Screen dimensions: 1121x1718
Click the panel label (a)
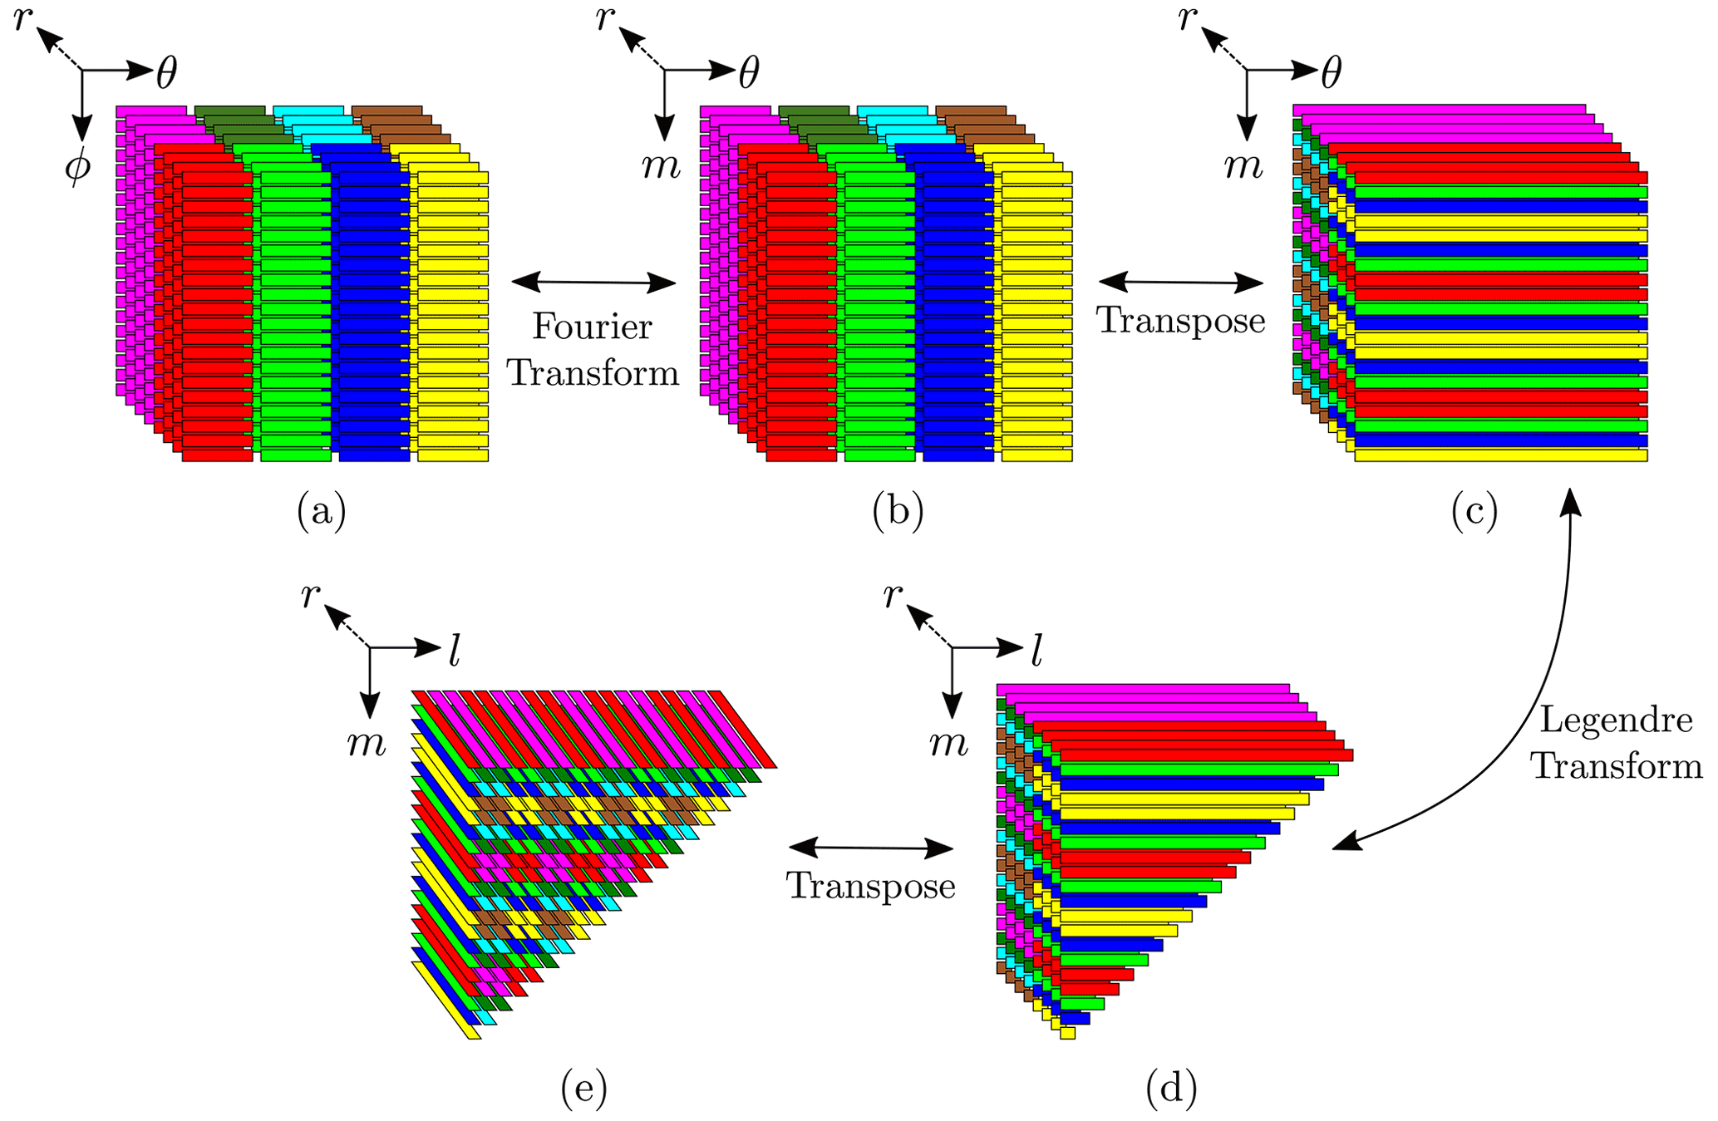pos(321,511)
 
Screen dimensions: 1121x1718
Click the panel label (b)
pos(898,511)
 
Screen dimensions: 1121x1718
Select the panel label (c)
pos(1474,511)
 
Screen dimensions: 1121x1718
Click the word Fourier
pos(592,327)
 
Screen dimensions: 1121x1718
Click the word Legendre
pos(1616,720)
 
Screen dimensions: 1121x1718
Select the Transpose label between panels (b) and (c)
pos(1180,321)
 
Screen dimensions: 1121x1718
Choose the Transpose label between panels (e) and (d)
pos(870,886)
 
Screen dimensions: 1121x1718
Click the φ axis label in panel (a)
pos(77,166)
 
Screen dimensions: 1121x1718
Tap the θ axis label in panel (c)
pos(1331,73)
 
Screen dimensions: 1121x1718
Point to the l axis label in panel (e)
pos(454,652)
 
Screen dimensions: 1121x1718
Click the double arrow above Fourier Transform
pos(593,283)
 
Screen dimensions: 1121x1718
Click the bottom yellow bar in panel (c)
pos(1500,455)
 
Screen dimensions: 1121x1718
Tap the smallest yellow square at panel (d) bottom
pos(1068,1033)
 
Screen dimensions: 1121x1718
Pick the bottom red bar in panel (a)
pos(217,455)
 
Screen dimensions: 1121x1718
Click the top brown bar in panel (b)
pos(970,111)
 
